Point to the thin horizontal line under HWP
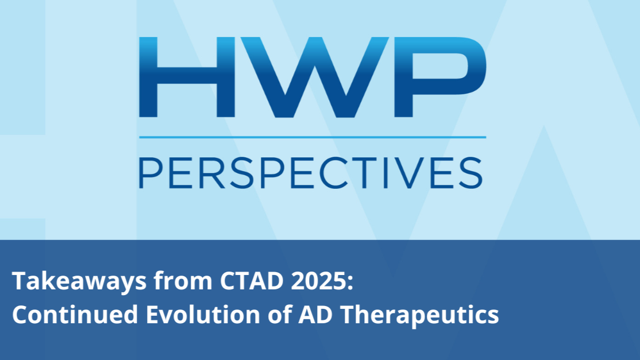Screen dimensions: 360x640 312,137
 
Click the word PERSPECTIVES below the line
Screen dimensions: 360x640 311,172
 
